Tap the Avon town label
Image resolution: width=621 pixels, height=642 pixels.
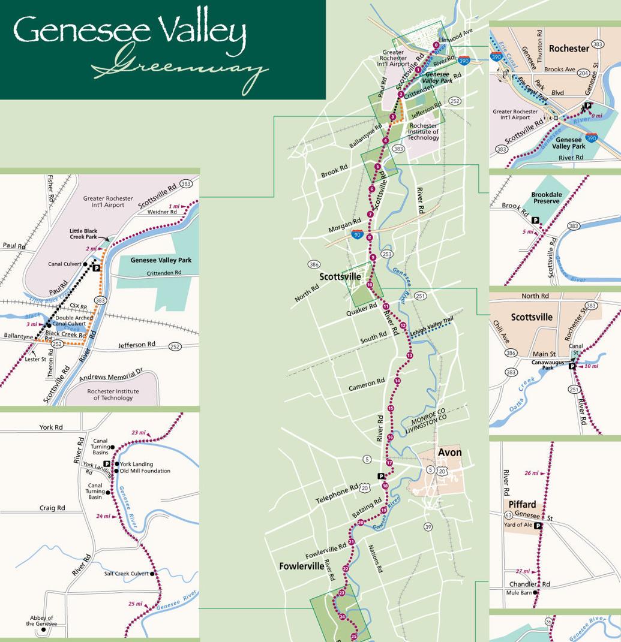pos(449,452)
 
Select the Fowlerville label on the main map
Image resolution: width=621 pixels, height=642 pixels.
pos(301,565)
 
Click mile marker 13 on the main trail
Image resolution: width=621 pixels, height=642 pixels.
pos(410,356)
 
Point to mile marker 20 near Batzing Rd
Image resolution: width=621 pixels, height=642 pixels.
pos(361,523)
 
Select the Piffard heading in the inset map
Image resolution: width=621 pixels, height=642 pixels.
pos(521,504)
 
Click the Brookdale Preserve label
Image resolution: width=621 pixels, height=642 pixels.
pos(546,198)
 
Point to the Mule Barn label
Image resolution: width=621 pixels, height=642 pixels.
pos(519,593)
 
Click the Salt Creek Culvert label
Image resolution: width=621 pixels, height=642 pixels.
pos(126,574)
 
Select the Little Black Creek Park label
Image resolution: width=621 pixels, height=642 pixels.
pos(83,234)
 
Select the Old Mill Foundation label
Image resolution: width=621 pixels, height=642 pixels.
pos(145,471)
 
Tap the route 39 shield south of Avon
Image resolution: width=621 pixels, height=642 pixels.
pos(428,527)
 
